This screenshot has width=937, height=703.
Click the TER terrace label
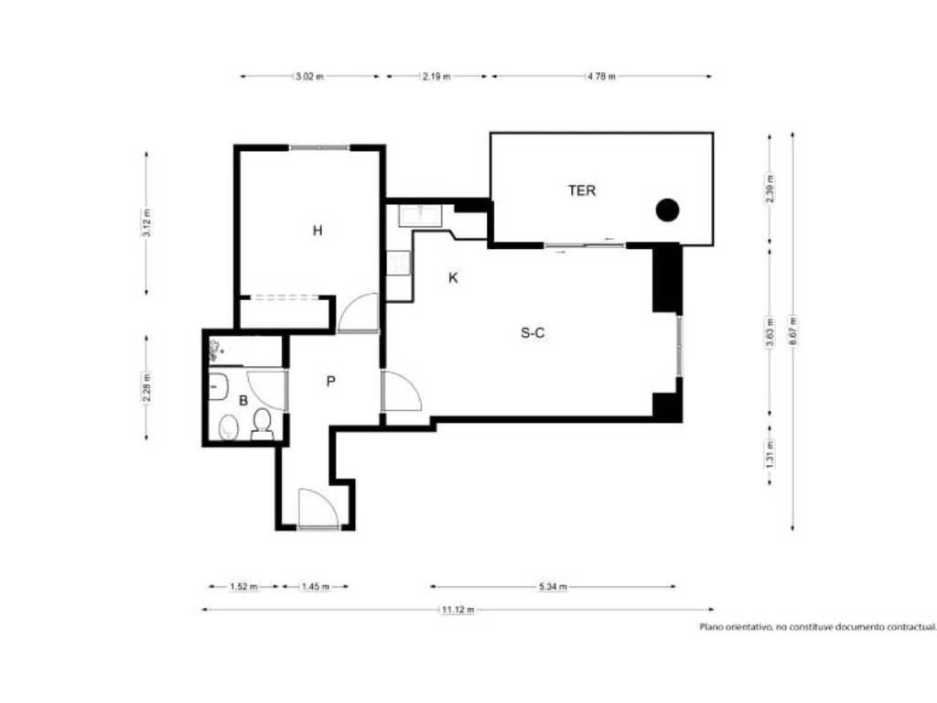pos(581,190)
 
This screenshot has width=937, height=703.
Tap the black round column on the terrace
pos(667,210)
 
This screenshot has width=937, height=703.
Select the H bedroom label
pos(318,230)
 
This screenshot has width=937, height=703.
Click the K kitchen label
pos(453,277)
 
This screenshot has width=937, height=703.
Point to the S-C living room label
pos(533,333)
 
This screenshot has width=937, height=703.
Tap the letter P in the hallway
pos(330,381)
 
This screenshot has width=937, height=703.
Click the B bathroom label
pos(243,401)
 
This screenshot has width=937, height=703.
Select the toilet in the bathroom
pos(262,423)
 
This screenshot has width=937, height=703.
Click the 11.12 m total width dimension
pos(458,610)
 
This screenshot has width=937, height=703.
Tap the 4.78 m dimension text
pos(600,77)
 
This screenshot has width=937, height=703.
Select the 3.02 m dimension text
pos(309,77)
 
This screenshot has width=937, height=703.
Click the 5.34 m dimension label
pos(553,587)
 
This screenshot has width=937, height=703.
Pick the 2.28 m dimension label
pos(147,387)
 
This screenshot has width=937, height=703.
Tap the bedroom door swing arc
pos(359,312)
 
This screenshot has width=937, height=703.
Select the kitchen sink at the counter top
pos(421,216)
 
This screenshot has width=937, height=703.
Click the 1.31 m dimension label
pos(770,454)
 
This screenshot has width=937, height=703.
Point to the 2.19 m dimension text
pos(436,77)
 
